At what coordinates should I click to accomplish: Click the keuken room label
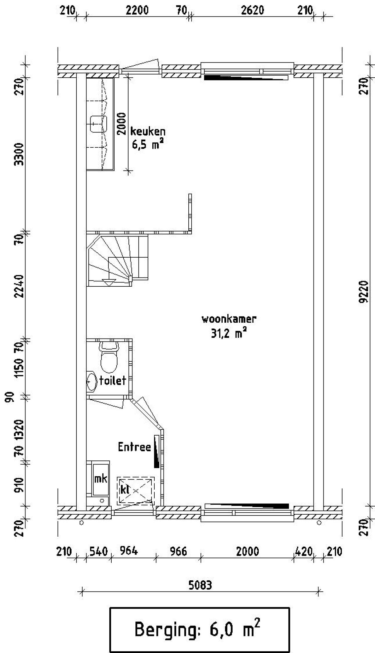(148, 131)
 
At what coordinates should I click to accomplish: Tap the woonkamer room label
(229, 319)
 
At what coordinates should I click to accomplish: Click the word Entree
(134, 447)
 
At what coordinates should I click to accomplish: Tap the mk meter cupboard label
(100, 479)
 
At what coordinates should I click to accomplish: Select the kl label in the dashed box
(125, 489)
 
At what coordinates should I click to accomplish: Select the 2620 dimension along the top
(252, 11)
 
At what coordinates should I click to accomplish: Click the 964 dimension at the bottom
(129, 551)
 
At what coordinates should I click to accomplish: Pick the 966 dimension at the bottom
(178, 551)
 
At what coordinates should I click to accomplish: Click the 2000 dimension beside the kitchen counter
(121, 123)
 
